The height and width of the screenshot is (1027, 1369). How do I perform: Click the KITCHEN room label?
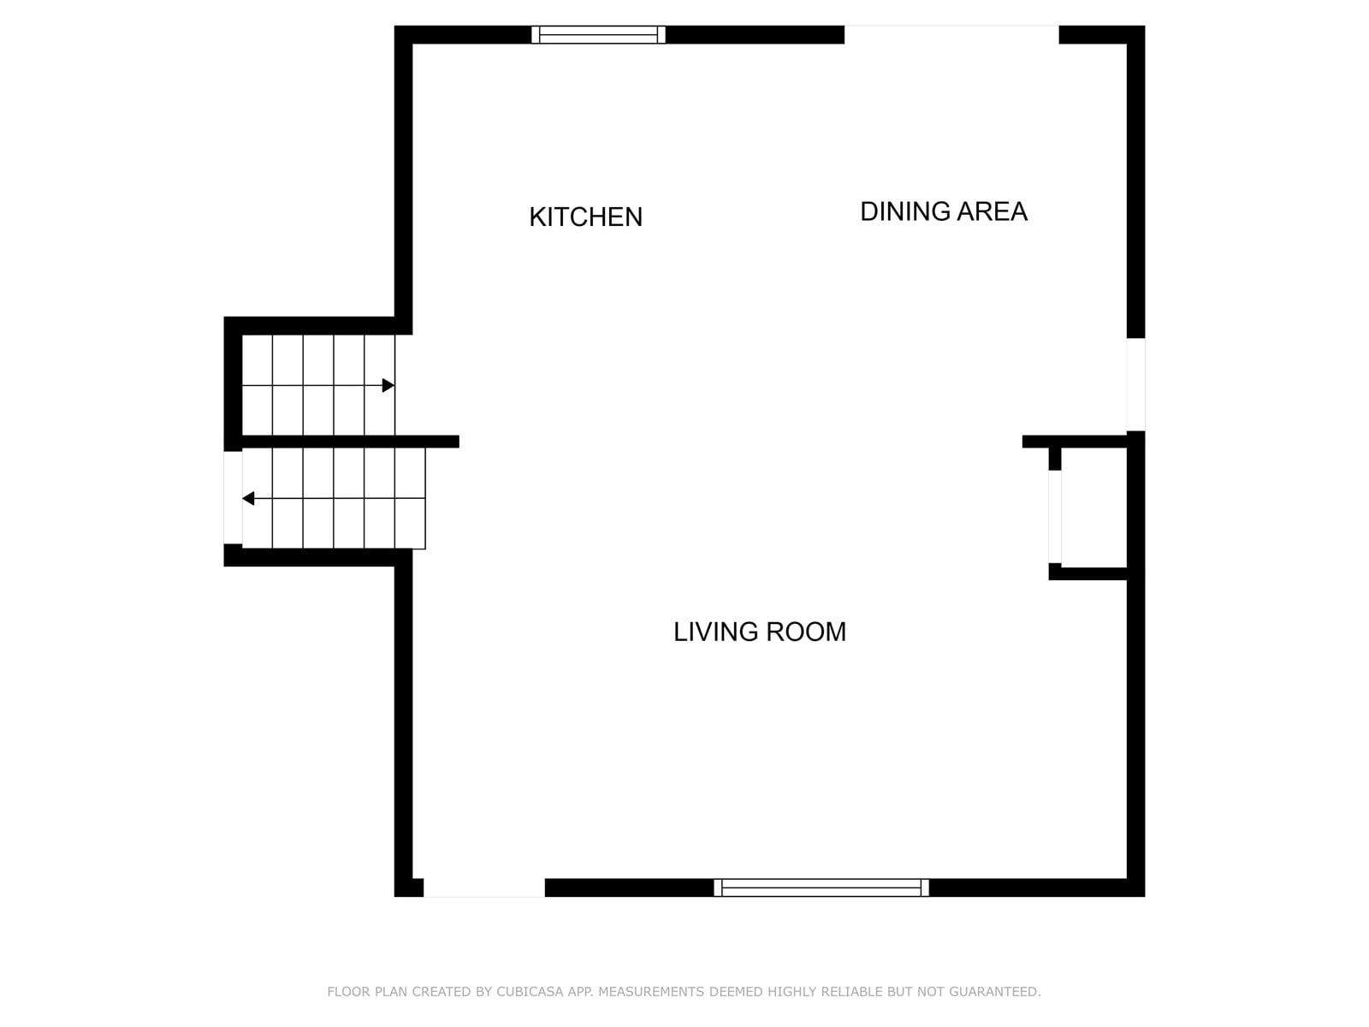coord(585,217)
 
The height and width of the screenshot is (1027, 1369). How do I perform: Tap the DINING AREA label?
coord(944,211)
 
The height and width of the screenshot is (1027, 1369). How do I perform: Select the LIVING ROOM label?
coord(760,632)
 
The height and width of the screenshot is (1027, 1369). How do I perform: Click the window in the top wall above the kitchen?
coord(598,34)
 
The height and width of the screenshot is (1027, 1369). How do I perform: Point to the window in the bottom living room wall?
coord(821,887)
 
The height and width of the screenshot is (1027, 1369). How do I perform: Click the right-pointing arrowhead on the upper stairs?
coord(388,385)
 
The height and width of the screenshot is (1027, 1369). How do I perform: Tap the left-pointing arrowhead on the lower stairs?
coord(248,498)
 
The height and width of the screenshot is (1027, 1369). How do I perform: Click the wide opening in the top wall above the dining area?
coord(951,34)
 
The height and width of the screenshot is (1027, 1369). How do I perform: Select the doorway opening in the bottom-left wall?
coord(484,887)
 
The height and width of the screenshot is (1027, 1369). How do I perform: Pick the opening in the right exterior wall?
coord(1135,384)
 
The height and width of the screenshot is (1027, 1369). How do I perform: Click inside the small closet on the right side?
coord(1094,508)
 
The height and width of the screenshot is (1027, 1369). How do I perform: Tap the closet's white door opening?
coord(1055,517)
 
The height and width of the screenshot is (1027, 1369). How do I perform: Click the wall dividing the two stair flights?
coord(351,442)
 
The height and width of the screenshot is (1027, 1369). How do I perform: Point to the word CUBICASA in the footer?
coord(530,991)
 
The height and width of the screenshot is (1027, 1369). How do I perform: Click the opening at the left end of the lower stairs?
coord(233,497)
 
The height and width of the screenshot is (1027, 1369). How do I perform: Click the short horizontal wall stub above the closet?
coord(1075,442)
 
